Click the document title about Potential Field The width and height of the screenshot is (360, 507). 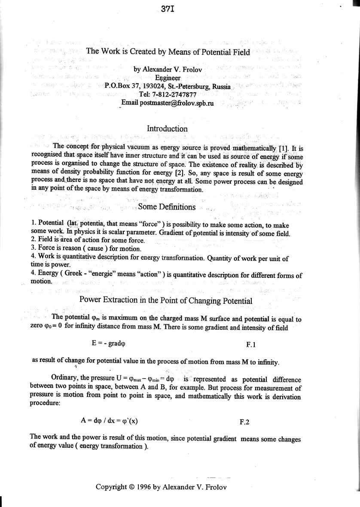168,52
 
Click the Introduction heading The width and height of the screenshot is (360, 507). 167,128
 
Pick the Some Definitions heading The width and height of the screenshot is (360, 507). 167,207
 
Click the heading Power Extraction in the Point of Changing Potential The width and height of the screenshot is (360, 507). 166,301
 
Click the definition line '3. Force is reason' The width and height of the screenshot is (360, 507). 86,249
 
